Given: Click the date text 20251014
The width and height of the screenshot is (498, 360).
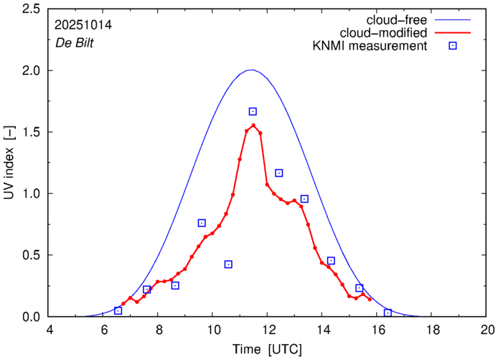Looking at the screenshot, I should [83, 24].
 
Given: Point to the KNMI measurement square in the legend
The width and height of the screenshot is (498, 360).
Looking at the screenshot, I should [452, 47].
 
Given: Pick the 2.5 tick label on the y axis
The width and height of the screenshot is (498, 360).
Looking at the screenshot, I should [29, 9].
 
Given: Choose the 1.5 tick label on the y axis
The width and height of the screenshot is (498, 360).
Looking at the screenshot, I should [29, 132].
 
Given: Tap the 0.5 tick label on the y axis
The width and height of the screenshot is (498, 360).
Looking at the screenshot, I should [29, 255].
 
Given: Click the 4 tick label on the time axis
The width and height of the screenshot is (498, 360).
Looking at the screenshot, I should [50, 329].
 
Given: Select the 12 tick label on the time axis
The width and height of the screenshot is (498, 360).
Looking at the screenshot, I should [268, 329].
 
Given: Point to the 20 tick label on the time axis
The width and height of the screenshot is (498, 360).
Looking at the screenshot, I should [487, 329].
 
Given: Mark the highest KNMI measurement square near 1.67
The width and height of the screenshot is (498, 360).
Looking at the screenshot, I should [253, 111].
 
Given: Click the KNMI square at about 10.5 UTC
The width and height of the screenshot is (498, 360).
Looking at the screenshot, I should [228, 264].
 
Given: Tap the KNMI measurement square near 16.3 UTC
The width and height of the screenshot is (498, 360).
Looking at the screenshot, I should [387, 313].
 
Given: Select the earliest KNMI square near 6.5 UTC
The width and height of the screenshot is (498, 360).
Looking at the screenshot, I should [118, 310].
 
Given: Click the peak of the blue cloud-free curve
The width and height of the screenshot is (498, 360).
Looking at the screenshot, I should [250, 70].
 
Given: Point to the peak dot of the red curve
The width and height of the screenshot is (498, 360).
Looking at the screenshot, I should [253, 125].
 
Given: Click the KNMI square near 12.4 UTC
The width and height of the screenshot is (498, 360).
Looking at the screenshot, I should [279, 173].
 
